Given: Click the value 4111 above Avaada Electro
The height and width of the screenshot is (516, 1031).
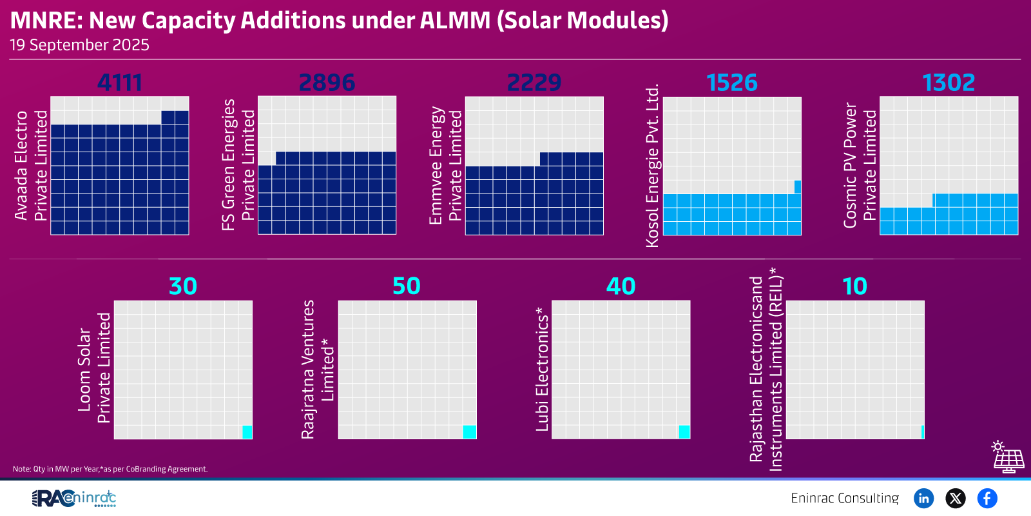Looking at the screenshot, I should pos(119,83).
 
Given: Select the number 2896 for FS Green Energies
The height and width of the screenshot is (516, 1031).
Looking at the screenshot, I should pos(327,83).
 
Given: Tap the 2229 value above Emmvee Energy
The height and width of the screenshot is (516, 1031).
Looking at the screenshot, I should pos(534,83).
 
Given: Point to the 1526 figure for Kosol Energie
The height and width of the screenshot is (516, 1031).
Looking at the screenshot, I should pos(732,83).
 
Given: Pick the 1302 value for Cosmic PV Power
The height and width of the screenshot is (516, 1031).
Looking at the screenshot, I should pos(949,83).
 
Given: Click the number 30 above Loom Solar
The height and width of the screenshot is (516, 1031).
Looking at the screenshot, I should pos(183,286).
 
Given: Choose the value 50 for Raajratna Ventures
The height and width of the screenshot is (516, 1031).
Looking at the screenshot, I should pos(407,286).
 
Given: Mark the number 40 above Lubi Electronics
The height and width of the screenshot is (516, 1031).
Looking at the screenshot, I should pos(621,286).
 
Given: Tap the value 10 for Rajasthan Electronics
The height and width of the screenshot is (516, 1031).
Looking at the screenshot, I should pos(855,286).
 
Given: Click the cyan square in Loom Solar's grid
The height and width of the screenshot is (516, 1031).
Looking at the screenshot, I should pos(247,432).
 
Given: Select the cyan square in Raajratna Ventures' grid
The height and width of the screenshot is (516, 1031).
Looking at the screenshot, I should pos(470,432).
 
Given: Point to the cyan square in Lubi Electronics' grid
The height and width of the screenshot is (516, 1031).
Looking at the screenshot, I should pos(684,432).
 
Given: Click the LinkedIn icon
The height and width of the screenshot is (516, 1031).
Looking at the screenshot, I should pos(924,498).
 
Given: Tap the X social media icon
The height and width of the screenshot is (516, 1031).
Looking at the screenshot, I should pos(956,498).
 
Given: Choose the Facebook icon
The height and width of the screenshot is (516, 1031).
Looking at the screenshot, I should pos(987,498).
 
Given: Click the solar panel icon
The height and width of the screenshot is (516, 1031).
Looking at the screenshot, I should pos(1008,457).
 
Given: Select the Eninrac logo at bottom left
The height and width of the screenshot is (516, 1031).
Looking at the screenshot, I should pos(74,498).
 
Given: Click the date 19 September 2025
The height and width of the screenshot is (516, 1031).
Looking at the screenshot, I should pos(79,45).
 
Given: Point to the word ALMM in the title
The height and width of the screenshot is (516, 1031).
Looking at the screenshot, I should pos(455,21).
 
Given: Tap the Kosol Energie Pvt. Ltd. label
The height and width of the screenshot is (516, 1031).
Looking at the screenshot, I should pos(653,165).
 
